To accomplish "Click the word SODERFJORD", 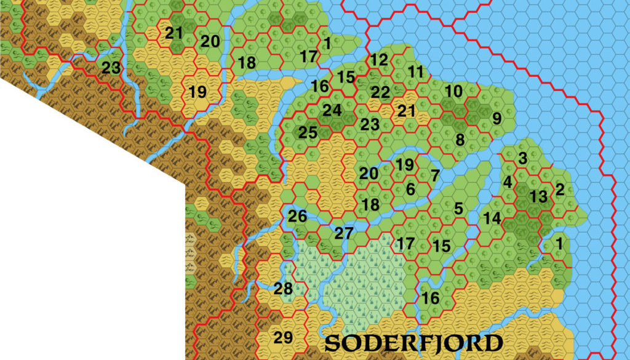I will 413,343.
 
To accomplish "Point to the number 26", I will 297,217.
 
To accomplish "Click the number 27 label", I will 344,233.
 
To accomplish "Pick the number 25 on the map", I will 308,132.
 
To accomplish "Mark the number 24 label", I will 332,110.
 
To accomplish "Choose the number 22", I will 381,92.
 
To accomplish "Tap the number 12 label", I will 380,60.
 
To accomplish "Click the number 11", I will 417,71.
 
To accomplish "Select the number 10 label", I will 453,91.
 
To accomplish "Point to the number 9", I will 496,117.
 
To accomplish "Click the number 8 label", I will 460,140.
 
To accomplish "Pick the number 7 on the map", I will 435,175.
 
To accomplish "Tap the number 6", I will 410,190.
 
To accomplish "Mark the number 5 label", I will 458,208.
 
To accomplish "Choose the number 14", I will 492,218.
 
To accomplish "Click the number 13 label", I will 538,197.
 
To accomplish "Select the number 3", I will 523,158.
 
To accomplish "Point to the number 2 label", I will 560,189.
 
